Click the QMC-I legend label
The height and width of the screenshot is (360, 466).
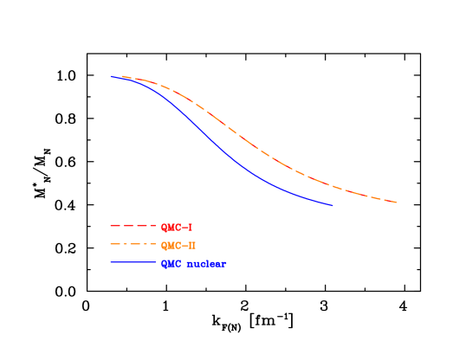pyautogui.click(x=177, y=228)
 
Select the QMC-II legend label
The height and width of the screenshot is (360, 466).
pyautogui.click(x=178, y=246)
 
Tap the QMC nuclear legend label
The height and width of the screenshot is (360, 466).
pyautogui.click(x=193, y=264)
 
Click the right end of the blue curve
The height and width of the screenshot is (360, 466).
pyautogui.click(x=333, y=206)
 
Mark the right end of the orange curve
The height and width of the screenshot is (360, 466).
pyautogui.click(x=398, y=202)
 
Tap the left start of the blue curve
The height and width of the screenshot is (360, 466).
pyautogui.click(x=111, y=76)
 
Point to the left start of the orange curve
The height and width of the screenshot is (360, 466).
pyautogui.click(x=121, y=76)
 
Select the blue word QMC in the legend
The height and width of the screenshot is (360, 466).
pyautogui.click(x=171, y=264)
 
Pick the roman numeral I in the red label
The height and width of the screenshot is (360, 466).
pyautogui.click(x=190, y=228)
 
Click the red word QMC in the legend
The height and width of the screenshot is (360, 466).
pyautogui.click(x=171, y=228)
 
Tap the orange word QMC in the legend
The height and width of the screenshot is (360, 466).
pyautogui.click(x=171, y=246)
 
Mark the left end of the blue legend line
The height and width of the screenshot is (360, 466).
pyautogui.click(x=112, y=262)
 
